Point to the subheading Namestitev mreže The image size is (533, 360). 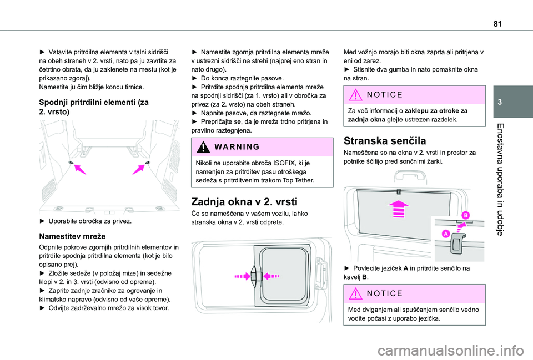point(69,235)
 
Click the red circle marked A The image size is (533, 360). point(445,235)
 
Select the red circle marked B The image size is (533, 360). point(464,215)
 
